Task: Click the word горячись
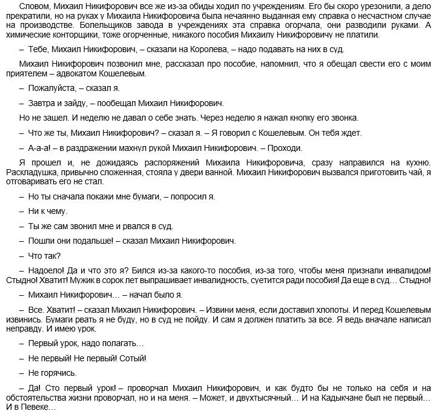tap(59, 373)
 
